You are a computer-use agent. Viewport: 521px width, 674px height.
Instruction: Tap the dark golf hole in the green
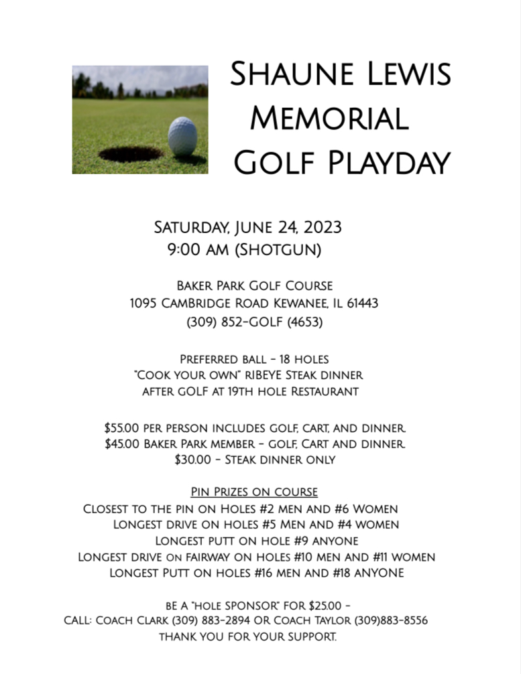tap(131, 153)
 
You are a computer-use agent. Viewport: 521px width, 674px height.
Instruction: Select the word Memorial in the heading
tap(329, 119)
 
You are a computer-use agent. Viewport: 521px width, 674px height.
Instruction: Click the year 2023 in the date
tap(322, 227)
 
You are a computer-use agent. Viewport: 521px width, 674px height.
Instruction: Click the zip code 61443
tap(362, 303)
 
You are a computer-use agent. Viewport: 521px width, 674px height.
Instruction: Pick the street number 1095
tap(143, 303)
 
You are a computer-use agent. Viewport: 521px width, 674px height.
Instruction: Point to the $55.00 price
tap(123, 427)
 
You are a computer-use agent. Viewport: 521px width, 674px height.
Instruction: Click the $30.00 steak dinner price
tap(192, 460)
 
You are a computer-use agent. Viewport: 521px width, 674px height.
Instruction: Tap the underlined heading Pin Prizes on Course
tap(254, 492)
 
